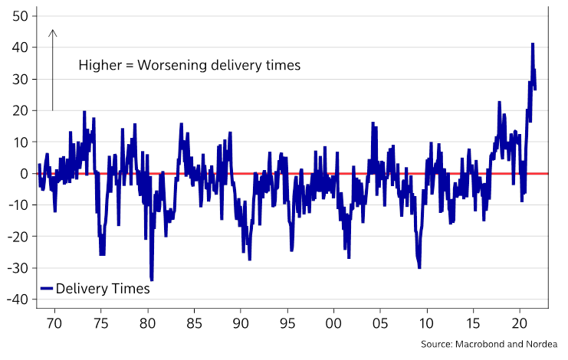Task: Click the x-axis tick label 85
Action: (194, 322)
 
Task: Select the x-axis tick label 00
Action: (333, 322)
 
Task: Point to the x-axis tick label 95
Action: (287, 322)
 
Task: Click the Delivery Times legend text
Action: (103, 289)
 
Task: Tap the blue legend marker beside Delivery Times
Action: (47, 289)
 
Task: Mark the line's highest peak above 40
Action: (532, 44)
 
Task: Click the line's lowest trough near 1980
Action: (152, 280)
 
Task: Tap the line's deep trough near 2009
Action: (419, 267)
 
